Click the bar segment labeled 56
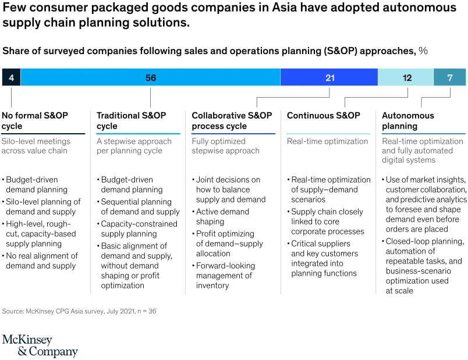tap(150, 77)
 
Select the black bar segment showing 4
tap(11, 77)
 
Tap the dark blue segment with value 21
tap(329, 77)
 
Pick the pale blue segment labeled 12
tap(406, 77)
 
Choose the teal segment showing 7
tap(449, 77)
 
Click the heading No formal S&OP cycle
tap(35, 120)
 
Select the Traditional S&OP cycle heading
tap(131, 120)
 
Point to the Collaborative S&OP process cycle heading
tap(232, 120)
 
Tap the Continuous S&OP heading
tap(323, 115)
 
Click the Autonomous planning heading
tap(408, 120)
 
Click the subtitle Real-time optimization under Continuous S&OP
tap(327, 141)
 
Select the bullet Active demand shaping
tap(223, 216)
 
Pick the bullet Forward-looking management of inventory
tap(225, 276)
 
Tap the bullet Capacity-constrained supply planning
tap(139, 229)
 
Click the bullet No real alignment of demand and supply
tap(41, 261)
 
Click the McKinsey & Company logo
tap(40, 345)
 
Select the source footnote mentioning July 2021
tap(79, 311)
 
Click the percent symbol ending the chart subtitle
tap(423, 51)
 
